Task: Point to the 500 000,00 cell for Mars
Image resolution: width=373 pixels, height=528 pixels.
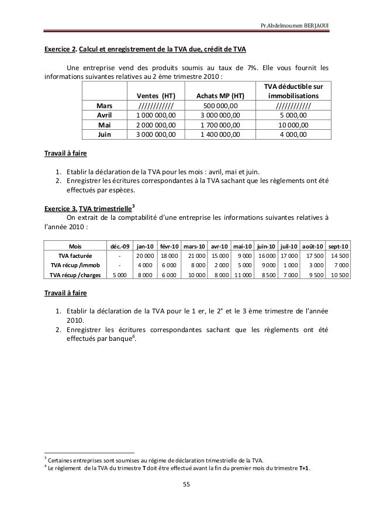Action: pyautogui.click(x=220, y=106)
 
